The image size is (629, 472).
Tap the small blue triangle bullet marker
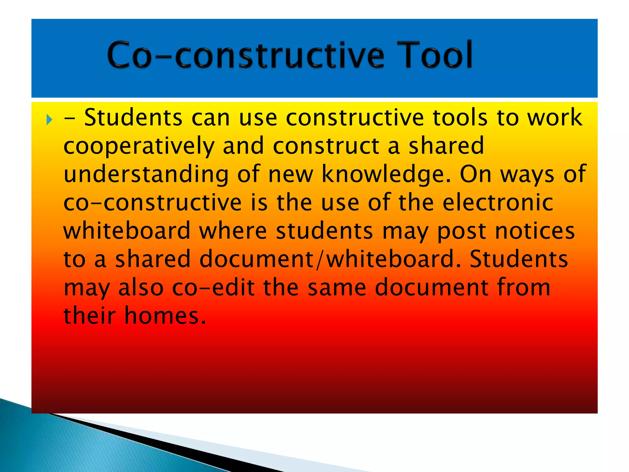[x=49, y=120]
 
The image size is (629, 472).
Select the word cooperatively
[x=139, y=146]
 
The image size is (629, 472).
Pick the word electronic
[x=498, y=203]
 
